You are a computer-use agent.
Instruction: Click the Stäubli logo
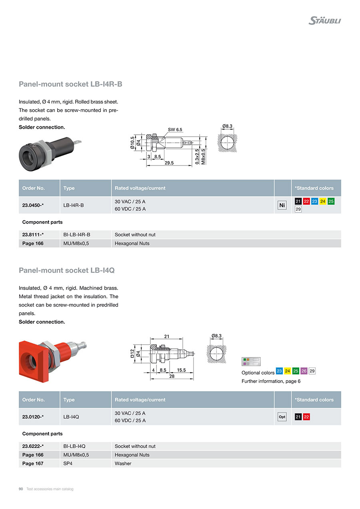[324, 20]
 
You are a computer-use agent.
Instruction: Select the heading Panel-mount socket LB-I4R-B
[70, 84]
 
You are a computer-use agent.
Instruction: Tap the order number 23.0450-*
[33, 205]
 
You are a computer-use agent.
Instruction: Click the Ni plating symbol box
[282, 205]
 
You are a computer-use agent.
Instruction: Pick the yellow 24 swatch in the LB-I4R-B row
[323, 201]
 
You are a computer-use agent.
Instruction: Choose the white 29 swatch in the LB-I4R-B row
[298, 209]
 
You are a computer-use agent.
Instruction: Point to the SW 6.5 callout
[175, 130]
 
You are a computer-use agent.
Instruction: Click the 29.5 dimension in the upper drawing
[169, 163]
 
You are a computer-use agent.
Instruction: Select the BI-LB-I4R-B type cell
[77, 235]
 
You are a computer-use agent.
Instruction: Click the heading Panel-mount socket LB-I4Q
[67, 270]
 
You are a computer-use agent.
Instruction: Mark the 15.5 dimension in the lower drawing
[181, 370]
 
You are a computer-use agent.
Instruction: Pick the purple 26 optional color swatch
[304, 371]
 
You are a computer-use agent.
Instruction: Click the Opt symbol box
[282, 417]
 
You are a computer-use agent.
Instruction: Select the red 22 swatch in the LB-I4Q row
[306, 417]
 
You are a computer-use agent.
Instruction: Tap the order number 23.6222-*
[33, 446]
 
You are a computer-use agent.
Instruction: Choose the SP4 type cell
[68, 463]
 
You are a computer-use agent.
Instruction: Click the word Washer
[123, 463]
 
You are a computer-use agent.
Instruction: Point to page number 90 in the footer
[21, 489]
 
